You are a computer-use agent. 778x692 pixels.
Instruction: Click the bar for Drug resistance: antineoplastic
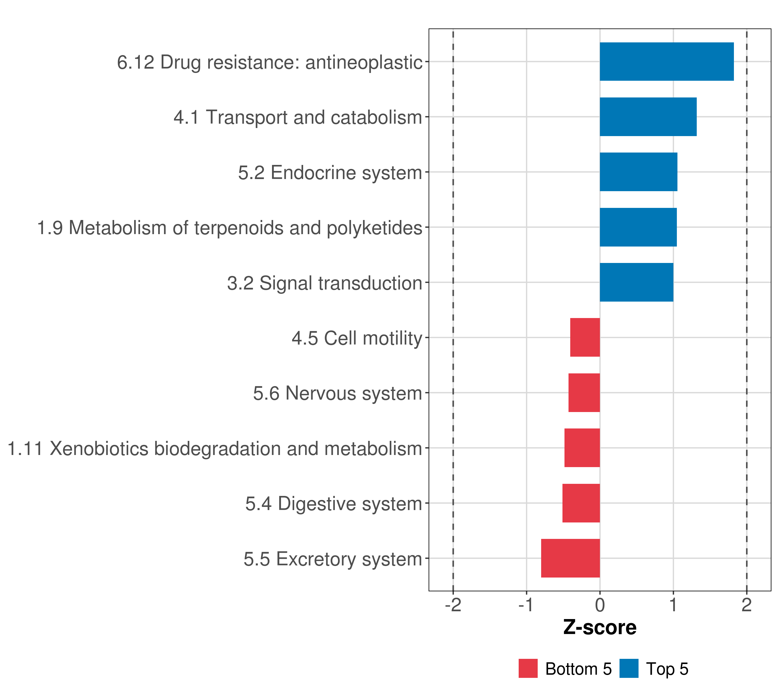[x=666, y=62]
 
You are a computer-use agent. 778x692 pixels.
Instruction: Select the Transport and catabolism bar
[x=648, y=117]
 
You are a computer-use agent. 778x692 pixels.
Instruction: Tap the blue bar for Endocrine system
[x=638, y=172]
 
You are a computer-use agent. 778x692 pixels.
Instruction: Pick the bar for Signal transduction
[x=637, y=282]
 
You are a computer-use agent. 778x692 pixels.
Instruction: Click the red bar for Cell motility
[x=585, y=337]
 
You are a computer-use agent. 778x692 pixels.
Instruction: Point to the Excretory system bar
[x=570, y=558]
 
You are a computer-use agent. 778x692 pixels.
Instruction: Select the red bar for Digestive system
[x=581, y=503]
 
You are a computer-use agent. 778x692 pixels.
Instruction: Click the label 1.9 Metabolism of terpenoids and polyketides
[x=230, y=228]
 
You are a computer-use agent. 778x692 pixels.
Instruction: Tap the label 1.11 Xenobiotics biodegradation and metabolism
[x=215, y=449]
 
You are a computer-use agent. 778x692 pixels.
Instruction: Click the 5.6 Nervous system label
[x=338, y=393]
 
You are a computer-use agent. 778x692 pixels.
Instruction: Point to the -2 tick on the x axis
[x=453, y=605]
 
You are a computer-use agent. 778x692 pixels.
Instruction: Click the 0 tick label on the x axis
[x=600, y=605]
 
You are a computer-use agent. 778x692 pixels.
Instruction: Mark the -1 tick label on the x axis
[x=526, y=605]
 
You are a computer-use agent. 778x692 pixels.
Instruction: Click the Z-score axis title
[x=600, y=628]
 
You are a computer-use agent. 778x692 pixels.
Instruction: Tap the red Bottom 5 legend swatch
[x=528, y=668]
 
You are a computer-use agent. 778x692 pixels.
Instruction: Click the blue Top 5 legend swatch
[x=629, y=668]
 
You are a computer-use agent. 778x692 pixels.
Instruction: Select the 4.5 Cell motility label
[x=357, y=338]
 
